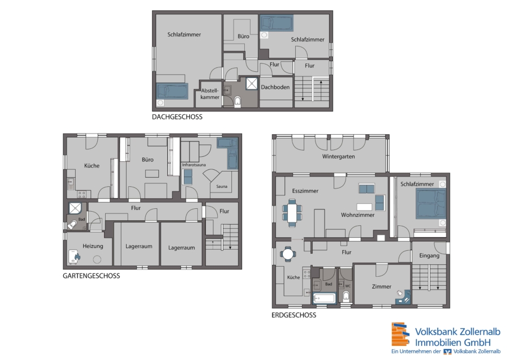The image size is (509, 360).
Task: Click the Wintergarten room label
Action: coord(338,157)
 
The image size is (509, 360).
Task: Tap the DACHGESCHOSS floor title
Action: coord(177,117)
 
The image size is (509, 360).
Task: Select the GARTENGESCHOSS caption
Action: coord(92,276)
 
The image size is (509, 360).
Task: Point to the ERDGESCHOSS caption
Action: coord(294,315)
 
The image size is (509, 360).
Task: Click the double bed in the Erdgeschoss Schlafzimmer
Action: coord(431,204)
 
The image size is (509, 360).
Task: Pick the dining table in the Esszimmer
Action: coord(292,213)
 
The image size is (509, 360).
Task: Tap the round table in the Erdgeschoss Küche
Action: coord(288,254)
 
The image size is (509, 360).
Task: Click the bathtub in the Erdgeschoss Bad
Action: coord(324,298)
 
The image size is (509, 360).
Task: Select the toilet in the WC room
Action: coord(346,295)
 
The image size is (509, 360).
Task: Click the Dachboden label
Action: coord(275,87)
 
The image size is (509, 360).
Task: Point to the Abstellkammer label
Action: coord(210,94)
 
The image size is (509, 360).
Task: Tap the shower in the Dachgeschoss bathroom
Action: coord(252,84)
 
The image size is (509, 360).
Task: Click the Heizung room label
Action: coord(93,246)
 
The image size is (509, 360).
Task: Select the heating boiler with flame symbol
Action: coord(74,256)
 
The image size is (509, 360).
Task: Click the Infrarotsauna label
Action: coord(194,165)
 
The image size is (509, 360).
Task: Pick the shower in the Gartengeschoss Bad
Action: coord(75,208)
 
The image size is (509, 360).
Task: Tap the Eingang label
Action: coord(429,256)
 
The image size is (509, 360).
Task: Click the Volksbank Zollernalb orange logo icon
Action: coord(400,335)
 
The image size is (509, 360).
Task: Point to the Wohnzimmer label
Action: coord(358,215)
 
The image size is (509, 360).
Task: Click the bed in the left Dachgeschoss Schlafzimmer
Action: coord(172,91)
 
